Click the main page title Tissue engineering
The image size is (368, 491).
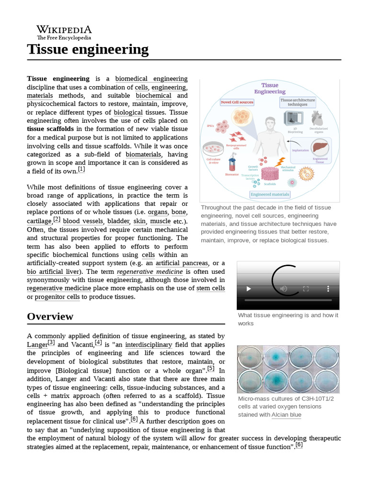pyautogui.click(x=88, y=49)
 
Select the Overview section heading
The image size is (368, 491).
pyautogui.click(x=50, y=316)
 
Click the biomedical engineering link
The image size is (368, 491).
pyautogui.click(x=151, y=79)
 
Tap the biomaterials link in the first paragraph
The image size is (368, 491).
pyautogui.click(x=144, y=154)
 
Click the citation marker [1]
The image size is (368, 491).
pyautogui.click(x=81, y=169)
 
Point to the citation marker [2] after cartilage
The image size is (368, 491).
pyautogui.click(x=57, y=220)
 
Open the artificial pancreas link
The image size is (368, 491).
pyautogui.click(x=182, y=263)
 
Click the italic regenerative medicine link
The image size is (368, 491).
pyautogui.click(x=150, y=271)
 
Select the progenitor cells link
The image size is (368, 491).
pyautogui.click(x=59, y=297)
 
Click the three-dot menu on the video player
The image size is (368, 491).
pyautogui.click(x=328, y=289)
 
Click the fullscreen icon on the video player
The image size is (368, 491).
pyautogui.click(x=306, y=289)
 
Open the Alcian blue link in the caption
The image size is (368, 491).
pyautogui.click(x=286, y=415)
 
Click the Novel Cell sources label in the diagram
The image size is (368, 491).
pyautogui.click(x=237, y=102)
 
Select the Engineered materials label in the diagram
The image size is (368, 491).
pyautogui.click(x=270, y=194)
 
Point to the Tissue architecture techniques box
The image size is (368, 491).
pyautogui.click(x=298, y=102)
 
